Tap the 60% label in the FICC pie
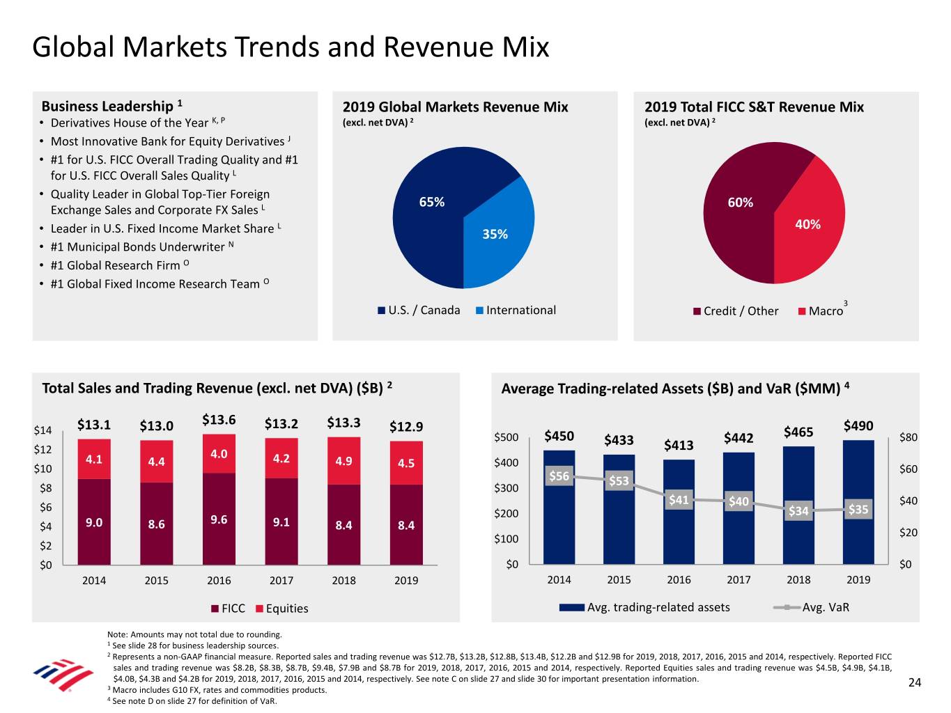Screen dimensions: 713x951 tap(740, 203)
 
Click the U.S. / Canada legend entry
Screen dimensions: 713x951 tap(419, 311)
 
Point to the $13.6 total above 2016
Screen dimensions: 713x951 tap(219, 420)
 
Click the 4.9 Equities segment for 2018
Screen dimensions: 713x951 tap(343, 461)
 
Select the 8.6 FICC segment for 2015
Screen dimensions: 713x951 tap(157, 524)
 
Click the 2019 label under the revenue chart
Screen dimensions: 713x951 tap(406, 581)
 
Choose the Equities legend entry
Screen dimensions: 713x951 tap(282, 609)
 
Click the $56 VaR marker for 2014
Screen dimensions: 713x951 tap(559, 476)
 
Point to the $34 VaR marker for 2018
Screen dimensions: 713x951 tap(798, 511)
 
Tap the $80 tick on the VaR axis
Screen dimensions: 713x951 tap(909, 438)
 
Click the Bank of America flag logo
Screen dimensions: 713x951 tap(63, 674)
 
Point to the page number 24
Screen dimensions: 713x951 tap(915, 683)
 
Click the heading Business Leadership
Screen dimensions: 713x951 tap(107, 107)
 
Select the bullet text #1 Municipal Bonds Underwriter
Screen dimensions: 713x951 tap(137, 247)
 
